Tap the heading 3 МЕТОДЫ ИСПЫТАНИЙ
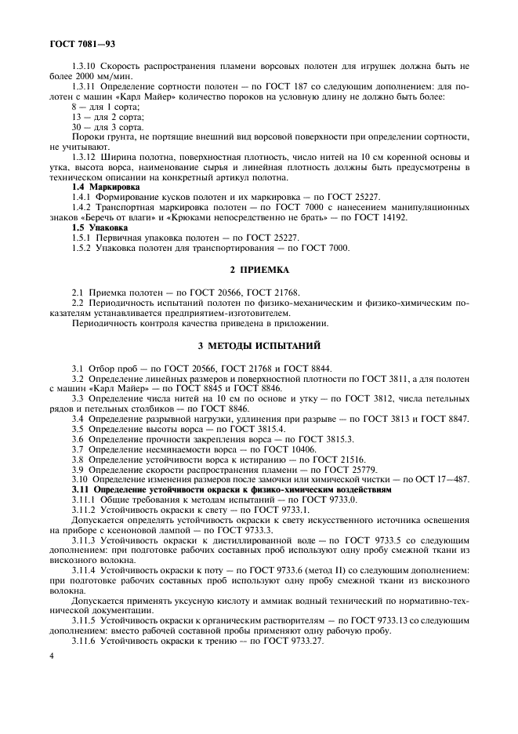click(x=259, y=346)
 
